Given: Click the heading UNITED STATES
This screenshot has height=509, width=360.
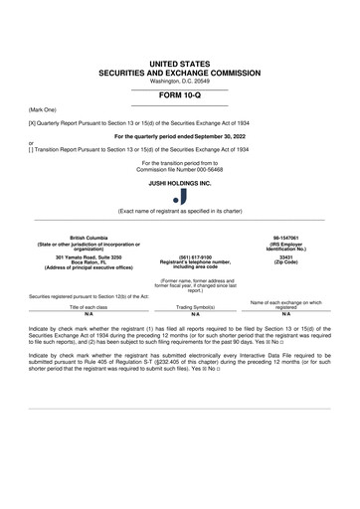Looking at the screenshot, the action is coord(180,64).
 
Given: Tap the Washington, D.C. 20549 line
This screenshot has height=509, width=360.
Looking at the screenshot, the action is coord(180,84).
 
